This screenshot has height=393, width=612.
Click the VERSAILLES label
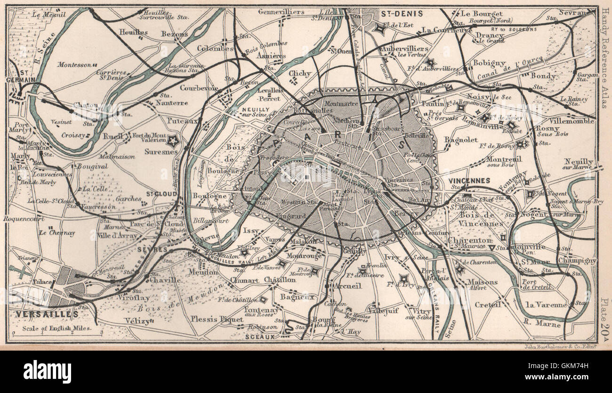(x=40, y=313)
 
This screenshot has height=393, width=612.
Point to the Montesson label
(x=74, y=65)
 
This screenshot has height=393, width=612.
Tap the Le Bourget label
(x=482, y=14)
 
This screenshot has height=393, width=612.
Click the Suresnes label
(x=161, y=152)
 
